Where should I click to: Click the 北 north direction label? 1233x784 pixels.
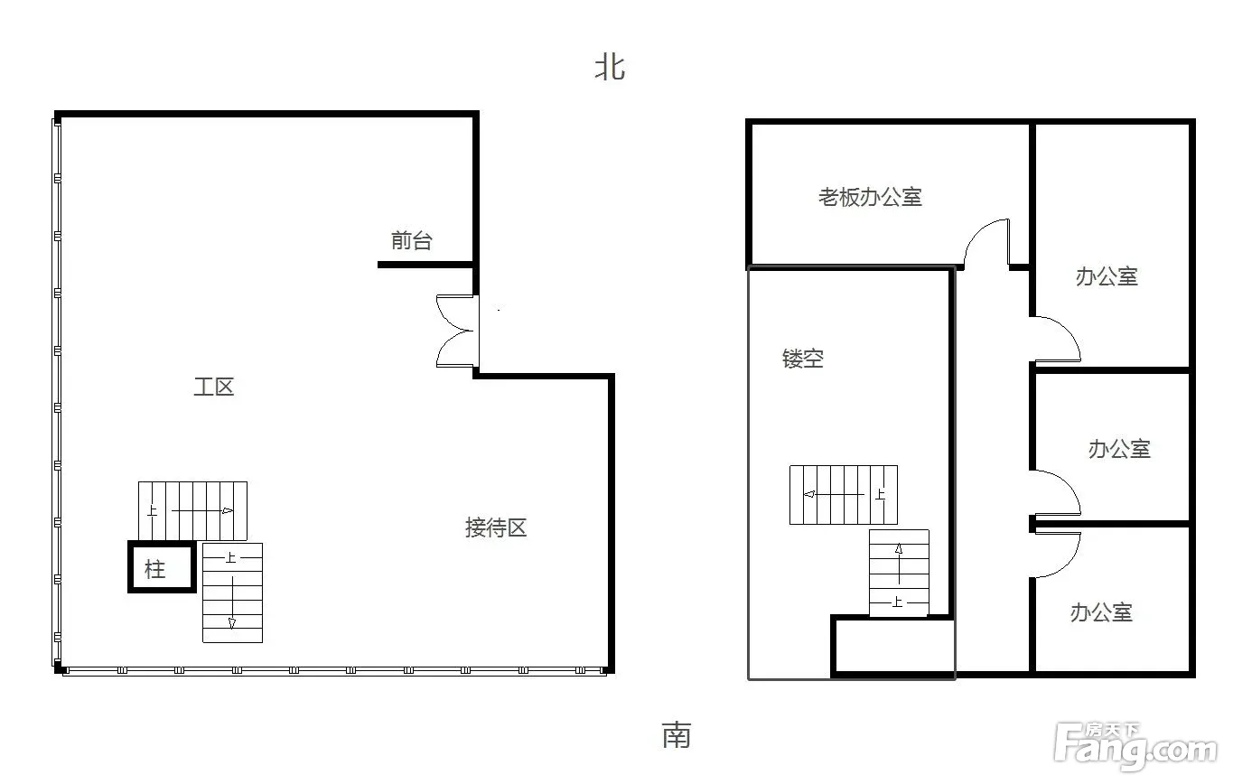click(610, 68)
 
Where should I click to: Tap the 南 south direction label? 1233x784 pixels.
click(677, 735)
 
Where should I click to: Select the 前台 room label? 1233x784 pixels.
click(412, 240)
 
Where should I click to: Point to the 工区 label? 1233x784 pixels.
click(214, 387)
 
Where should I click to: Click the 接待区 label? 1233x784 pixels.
click(496, 527)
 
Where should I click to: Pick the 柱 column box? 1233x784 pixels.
click(162, 567)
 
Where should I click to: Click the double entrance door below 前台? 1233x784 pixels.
click(457, 331)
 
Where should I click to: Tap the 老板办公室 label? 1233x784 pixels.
click(870, 197)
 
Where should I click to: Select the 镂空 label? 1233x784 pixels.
click(803, 359)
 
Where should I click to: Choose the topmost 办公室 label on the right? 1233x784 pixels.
click(1107, 276)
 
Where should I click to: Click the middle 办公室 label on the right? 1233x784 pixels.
click(1119, 449)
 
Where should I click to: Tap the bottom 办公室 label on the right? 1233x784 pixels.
click(1101, 612)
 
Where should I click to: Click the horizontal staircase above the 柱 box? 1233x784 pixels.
click(192, 511)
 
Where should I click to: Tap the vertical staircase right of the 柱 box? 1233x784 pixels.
click(232, 593)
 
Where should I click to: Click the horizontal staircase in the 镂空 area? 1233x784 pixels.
click(844, 494)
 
